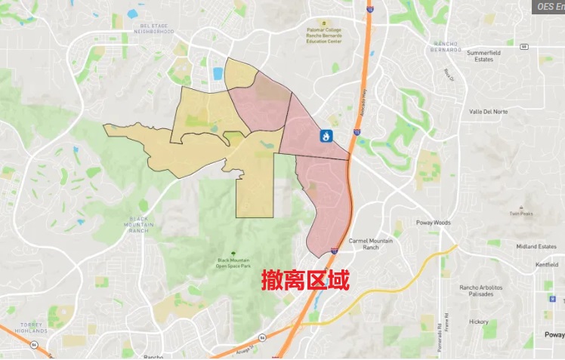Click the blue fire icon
click(326, 137)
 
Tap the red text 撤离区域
click(306, 281)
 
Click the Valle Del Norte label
click(488, 111)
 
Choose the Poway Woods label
click(434, 223)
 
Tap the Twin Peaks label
click(521, 214)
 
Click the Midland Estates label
click(536, 247)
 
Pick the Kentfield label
click(546, 265)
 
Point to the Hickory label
click(478, 322)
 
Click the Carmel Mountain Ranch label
click(370, 244)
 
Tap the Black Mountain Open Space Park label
click(232, 263)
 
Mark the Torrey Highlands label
click(31, 328)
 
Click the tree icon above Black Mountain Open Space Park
click(233, 252)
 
